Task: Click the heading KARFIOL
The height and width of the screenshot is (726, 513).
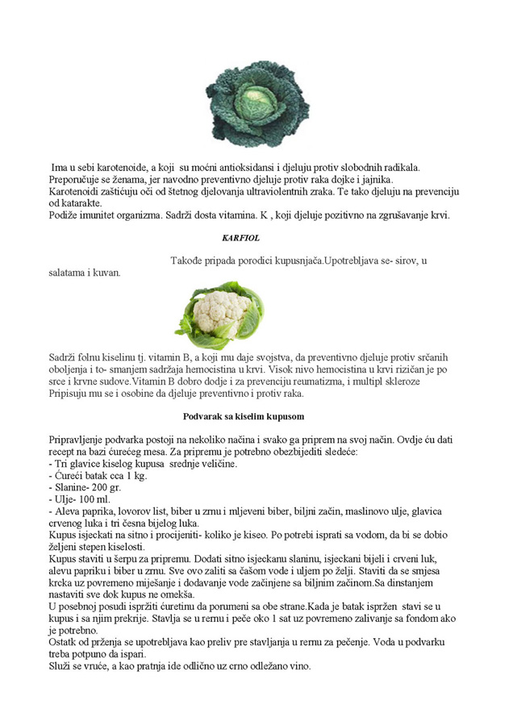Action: tap(240, 239)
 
